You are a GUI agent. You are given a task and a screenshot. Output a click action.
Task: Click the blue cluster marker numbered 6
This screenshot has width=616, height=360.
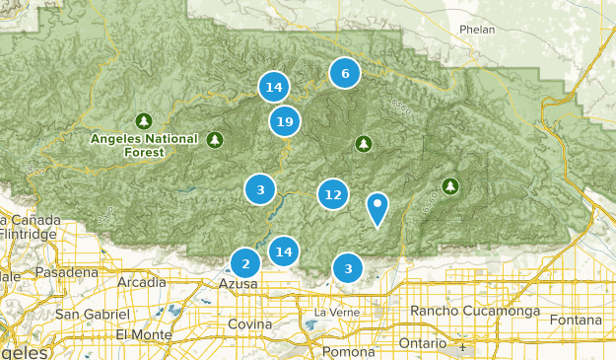pyautogui.click(x=344, y=73)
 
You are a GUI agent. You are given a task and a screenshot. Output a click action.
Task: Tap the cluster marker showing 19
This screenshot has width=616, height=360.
pyautogui.click(x=285, y=122)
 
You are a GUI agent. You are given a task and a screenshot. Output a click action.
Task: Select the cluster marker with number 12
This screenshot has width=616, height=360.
pyautogui.click(x=333, y=194)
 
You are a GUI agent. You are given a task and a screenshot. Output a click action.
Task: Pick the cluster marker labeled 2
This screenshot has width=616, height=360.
pyautogui.click(x=244, y=263)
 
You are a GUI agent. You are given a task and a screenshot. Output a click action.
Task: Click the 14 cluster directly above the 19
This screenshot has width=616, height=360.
pyautogui.click(x=274, y=88)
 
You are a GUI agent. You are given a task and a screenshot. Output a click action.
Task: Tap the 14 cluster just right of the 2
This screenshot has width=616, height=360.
pyautogui.click(x=284, y=252)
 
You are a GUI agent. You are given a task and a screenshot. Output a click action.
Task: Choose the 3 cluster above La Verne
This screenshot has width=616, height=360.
pyautogui.click(x=348, y=267)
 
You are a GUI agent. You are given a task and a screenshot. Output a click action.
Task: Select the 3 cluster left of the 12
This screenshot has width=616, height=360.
pyautogui.click(x=260, y=189)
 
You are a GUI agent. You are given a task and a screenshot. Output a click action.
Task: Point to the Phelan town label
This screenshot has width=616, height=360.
pyautogui.click(x=478, y=30)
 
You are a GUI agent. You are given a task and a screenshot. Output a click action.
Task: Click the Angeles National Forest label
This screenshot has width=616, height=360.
pyautogui.click(x=144, y=145)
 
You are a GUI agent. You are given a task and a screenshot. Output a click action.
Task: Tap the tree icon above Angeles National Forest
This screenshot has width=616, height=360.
pyautogui.click(x=144, y=121)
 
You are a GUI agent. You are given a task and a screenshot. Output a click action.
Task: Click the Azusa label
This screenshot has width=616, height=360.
pyautogui.click(x=238, y=284)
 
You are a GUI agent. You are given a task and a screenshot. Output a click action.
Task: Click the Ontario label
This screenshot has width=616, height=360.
pyautogui.click(x=423, y=342)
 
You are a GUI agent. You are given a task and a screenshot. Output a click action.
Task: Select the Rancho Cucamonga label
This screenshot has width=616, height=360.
pyautogui.click(x=476, y=312)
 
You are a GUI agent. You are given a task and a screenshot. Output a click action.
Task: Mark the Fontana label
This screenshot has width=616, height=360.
pyautogui.click(x=576, y=321)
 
